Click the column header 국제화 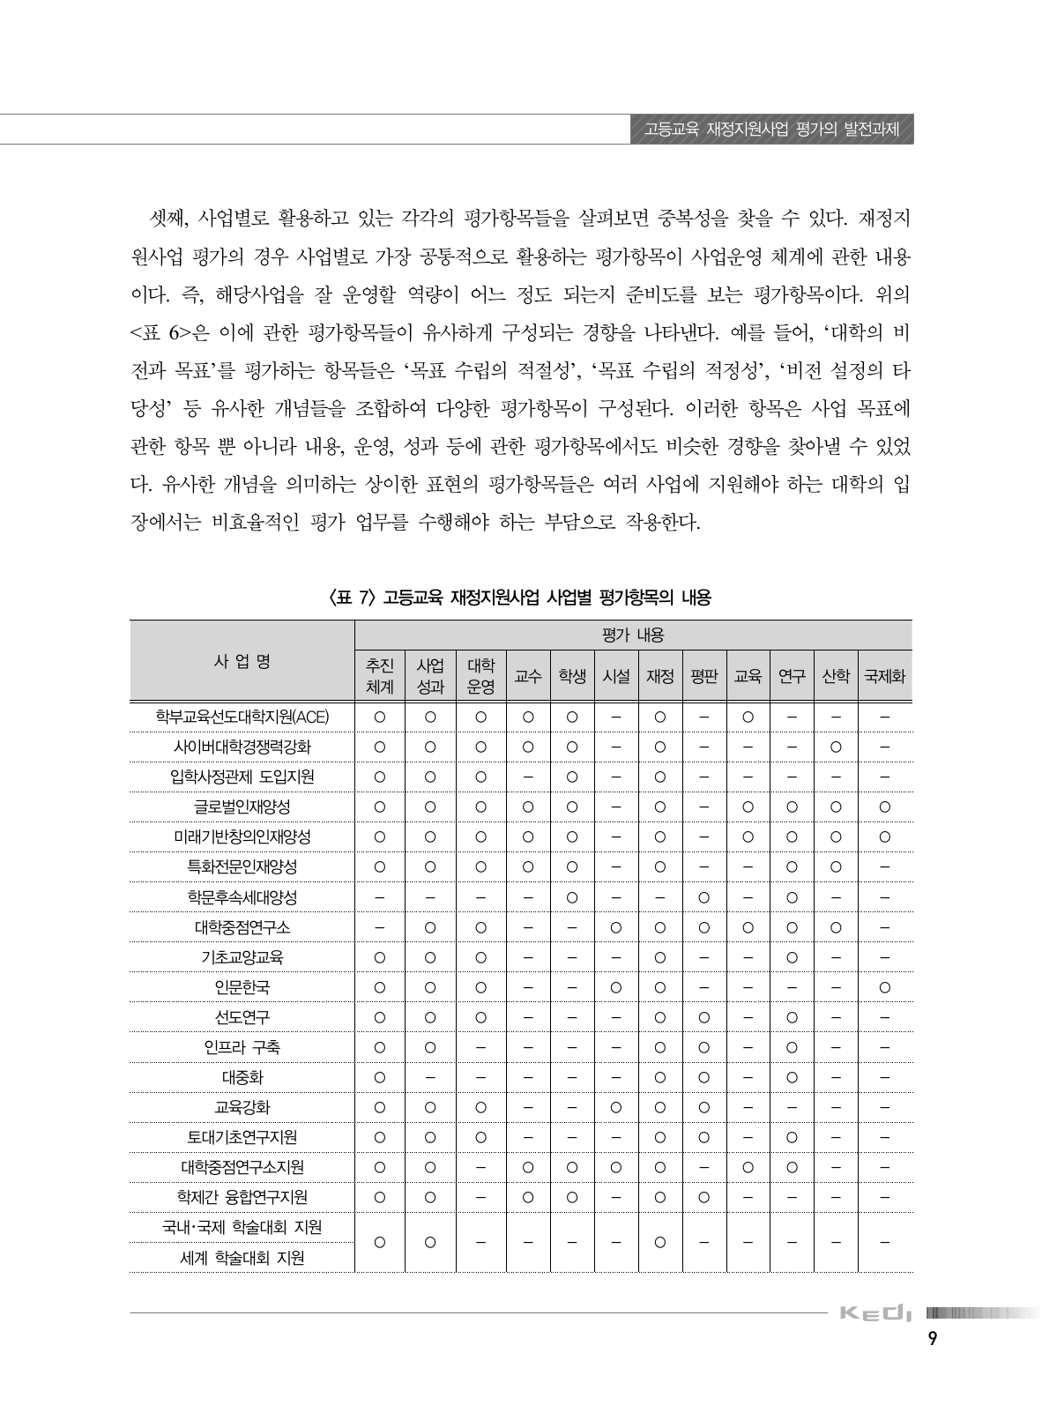tap(884, 677)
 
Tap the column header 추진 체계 tap(380, 677)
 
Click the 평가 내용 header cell tap(632, 635)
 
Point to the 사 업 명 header tap(242, 661)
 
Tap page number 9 tap(933, 1363)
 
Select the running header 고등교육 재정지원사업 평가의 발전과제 tap(770, 130)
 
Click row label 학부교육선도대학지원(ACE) tap(242, 717)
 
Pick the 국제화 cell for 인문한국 tap(884, 987)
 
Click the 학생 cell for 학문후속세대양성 tap(572, 897)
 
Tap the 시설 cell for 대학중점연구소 tap(616, 927)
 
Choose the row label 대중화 tap(242, 1077)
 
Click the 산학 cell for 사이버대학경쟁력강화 tap(836, 747)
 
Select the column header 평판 tap(704, 677)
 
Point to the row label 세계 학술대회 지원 tap(242, 1259)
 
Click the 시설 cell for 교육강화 tap(616, 1107)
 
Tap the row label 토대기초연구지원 tap(242, 1137)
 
